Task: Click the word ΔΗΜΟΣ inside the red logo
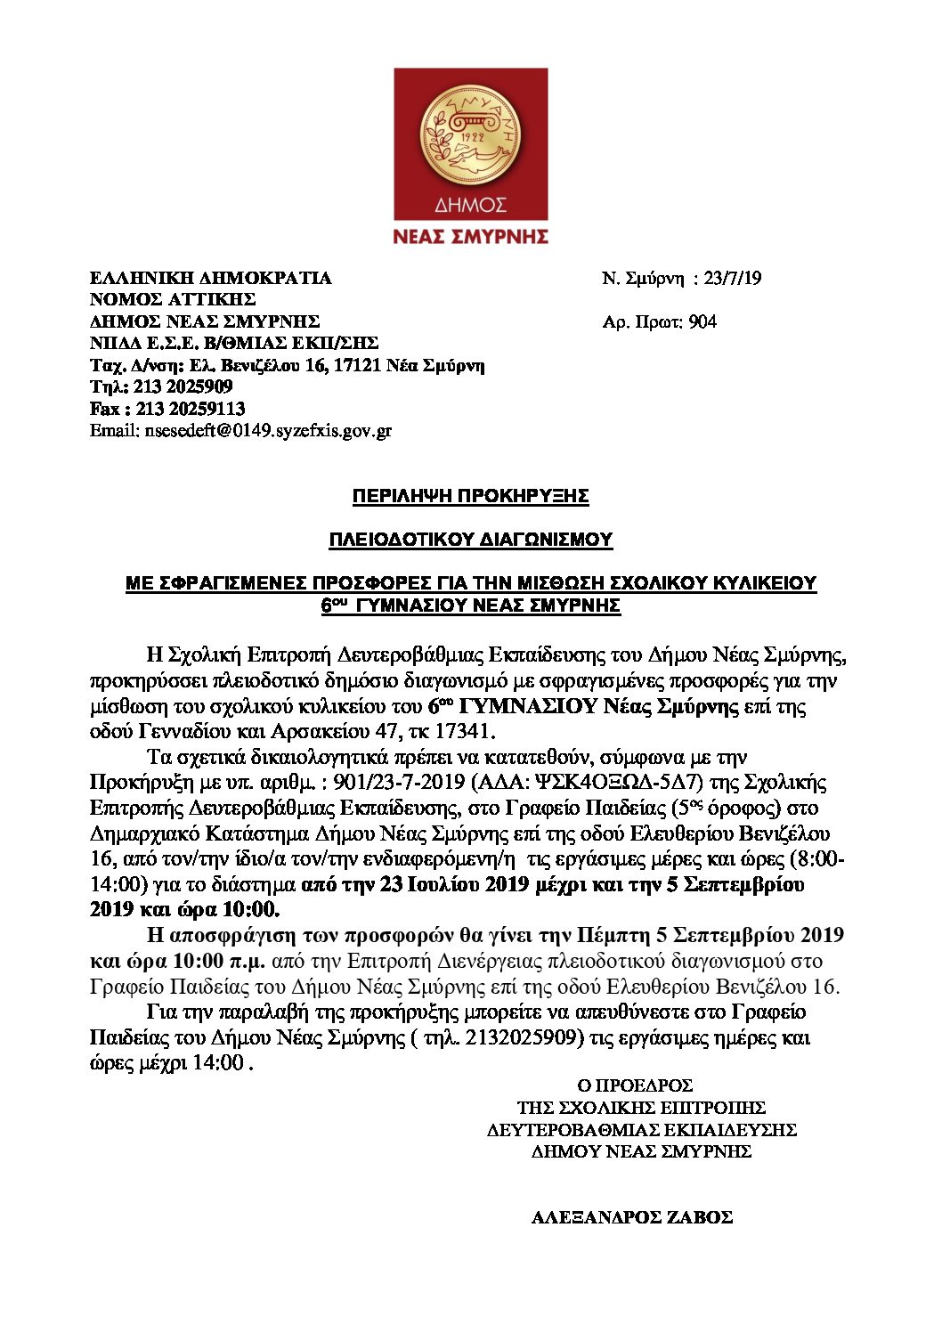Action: tap(470, 206)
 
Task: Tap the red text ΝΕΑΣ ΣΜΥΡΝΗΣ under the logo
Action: tap(470, 236)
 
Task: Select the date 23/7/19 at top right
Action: tap(732, 278)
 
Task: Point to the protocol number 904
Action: tap(702, 321)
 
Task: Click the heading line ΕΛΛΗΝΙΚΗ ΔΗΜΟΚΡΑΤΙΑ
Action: tap(211, 278)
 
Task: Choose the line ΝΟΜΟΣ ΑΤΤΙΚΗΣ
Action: tap(173, 299)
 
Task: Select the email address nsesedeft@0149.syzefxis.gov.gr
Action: tap(267, 431)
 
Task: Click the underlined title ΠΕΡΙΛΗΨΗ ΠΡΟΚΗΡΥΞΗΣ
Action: tap(470, 496)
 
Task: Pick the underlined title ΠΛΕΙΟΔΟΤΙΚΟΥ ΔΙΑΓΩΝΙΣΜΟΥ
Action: tap(470, 540)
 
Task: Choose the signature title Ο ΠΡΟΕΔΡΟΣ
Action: tap(635, 1086)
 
